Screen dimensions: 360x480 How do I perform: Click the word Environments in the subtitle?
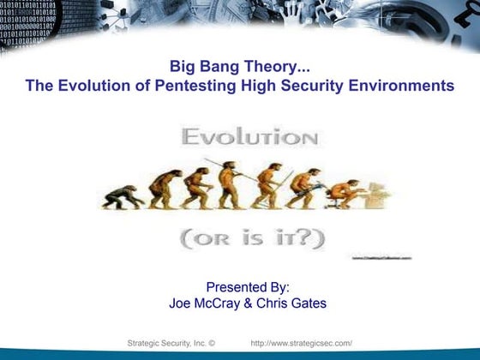tap(401, 86)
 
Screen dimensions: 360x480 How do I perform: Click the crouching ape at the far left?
tap(120, 198)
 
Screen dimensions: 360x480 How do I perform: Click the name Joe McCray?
tap(206, 303)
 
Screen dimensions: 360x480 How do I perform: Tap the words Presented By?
tap(248, 287)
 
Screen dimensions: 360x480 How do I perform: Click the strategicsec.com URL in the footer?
tap(302, 344)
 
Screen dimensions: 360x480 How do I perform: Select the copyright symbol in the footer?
tap(211, 344)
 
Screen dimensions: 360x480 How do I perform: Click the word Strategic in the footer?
tap(144, 344)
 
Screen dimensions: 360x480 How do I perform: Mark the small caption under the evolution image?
tap(381, 256)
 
